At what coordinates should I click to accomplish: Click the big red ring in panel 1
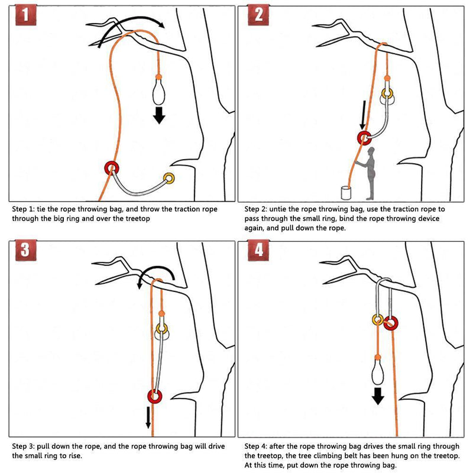pyautogui.click(x=111, y=168)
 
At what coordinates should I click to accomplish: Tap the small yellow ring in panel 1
pyautogui.click(x=170, y=177)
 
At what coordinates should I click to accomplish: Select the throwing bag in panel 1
pyautogui.click(x=158, y=92)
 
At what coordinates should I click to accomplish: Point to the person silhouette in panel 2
pyautogui.click(x=371, y=174)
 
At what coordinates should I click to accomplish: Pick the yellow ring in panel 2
pyautogui.click(x=387, y=93)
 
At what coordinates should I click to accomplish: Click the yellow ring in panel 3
pyautogui.click(x=161, y=328)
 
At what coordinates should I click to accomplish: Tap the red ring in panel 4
pyautogui.click(x=391, y=323)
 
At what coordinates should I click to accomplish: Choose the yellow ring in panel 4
pyautogui.click(x=378, y=320)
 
